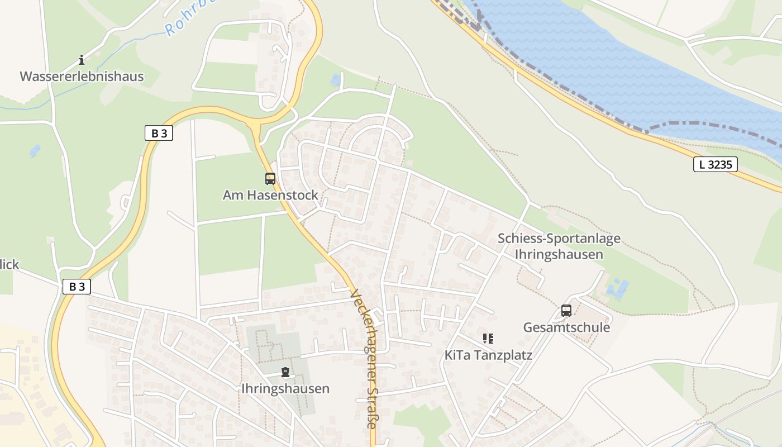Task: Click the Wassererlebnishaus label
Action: [82, 77]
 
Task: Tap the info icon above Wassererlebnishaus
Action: [82, 60]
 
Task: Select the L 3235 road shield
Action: [715, 164]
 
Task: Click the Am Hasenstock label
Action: [270, 195]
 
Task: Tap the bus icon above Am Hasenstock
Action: [270, 179]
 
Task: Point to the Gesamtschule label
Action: [566, 327]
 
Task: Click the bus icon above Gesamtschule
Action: [566, 311]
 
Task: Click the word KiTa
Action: [456, 355]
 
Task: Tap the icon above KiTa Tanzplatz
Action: [488, 338]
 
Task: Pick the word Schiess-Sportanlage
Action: [559, 239]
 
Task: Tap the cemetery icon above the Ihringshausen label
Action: [285, 372]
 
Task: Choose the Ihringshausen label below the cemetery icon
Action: [285, 388]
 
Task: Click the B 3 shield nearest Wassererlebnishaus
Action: [159, 133]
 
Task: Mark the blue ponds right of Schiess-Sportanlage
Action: [617, 289]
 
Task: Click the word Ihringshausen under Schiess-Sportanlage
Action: [559, 254]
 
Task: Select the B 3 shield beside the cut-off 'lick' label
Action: [77, 287]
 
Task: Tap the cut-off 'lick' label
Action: [9, 264]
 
